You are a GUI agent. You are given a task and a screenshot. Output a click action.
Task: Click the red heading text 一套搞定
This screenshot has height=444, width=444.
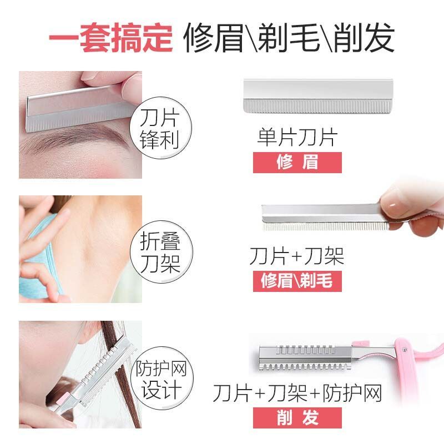(110, 38)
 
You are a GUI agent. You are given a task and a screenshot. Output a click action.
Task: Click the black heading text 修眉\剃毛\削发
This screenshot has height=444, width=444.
(289, 38)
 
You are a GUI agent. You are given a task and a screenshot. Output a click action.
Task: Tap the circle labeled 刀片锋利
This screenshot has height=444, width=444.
(160, 128)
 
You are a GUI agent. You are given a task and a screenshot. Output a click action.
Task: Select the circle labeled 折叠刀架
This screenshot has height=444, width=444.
(161, 252)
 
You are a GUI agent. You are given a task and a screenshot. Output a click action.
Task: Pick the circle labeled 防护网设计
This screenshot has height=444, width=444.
(162, 379)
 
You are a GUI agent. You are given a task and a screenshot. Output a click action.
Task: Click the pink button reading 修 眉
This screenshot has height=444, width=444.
(297, 163)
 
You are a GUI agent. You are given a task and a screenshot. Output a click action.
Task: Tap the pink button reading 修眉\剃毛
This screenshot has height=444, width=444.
(297, 281)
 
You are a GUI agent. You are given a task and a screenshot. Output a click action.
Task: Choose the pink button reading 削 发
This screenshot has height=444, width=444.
(297, 418)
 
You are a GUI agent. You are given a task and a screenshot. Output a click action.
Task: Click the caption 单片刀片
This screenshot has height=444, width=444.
(297, 137)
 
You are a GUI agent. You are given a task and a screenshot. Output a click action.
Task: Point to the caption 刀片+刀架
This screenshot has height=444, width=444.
(297, 256)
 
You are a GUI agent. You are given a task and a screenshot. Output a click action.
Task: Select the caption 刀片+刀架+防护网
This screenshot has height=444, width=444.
(297, 393)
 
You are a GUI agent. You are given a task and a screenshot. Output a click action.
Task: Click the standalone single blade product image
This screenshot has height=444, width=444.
(318, 97)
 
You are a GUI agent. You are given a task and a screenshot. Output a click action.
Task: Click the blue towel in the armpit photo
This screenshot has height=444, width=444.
(41, 255)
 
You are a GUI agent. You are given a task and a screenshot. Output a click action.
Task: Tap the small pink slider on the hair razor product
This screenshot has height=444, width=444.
(360, 344)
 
